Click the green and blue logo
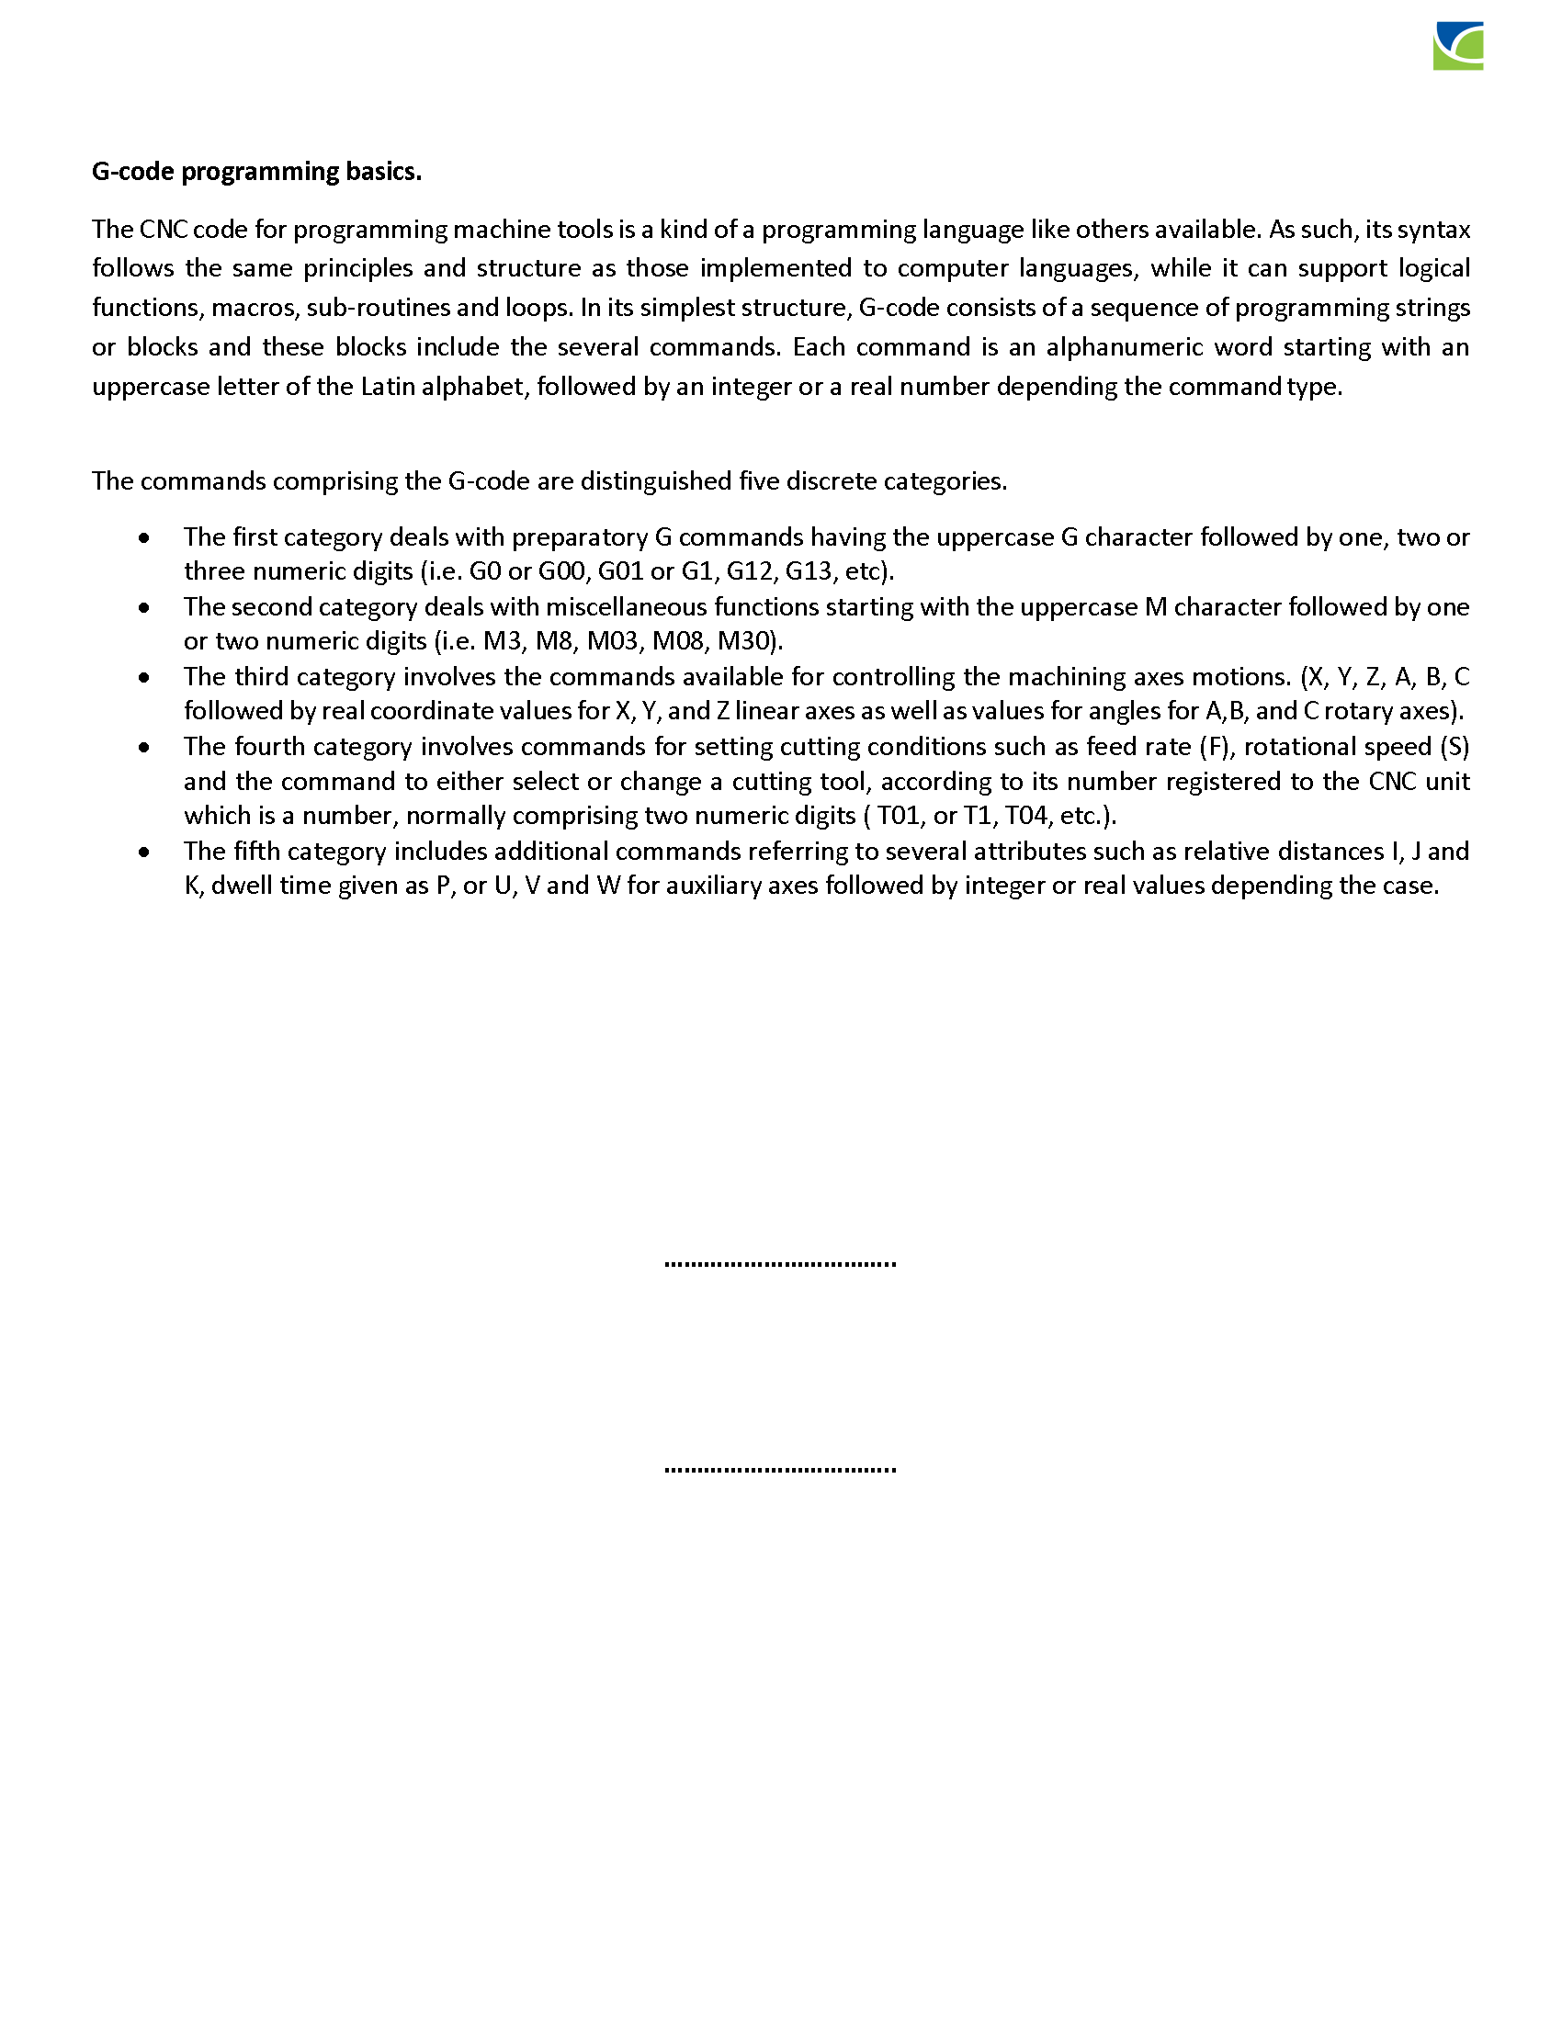(x=1457, y=45)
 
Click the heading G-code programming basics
(x=256, y=172)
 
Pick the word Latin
(x=387, y=387)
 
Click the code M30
(x=748, y=641)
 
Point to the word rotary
(x=1357, y=711)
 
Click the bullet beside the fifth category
(x=144, y=852)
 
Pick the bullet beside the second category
(x=144, y=607)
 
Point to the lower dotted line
(x=780, y=1470)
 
